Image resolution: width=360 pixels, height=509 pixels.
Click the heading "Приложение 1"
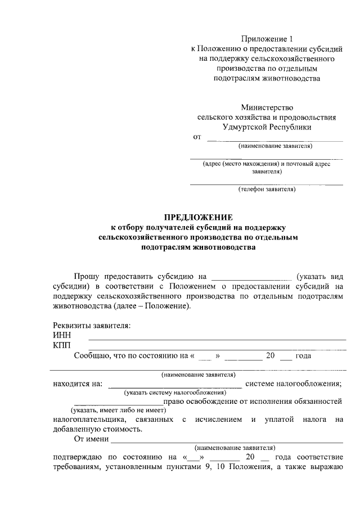pyautogui.click(x=267, y=39)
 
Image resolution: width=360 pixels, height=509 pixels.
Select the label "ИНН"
pyautogui.click(x=62, y=336)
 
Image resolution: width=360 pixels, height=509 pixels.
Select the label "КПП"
pyautogui.click(x=62, y=345)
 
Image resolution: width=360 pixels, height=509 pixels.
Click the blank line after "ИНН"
pyautogui.click(x=217, y=339)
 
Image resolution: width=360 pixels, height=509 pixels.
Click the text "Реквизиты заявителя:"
pyautogui.click(x=92, y=326)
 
